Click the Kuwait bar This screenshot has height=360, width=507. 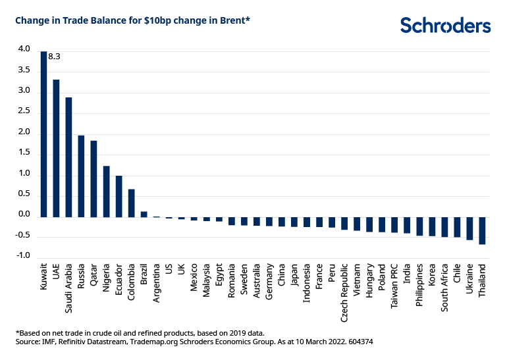[43, 134]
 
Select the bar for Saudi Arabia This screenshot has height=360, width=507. [68, 157]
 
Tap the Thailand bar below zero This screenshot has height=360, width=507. [482, 230]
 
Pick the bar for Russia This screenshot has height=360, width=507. [81, 176]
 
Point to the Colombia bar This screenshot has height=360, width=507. [131, 203]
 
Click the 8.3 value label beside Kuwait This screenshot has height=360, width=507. [55, 57]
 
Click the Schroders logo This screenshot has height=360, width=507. [445, 25]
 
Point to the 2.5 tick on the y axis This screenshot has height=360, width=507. [24, 111]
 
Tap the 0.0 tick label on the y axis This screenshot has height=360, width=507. [24, 215]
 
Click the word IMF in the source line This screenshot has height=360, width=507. [51, 343]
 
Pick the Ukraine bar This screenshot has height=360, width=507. [469, 228]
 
